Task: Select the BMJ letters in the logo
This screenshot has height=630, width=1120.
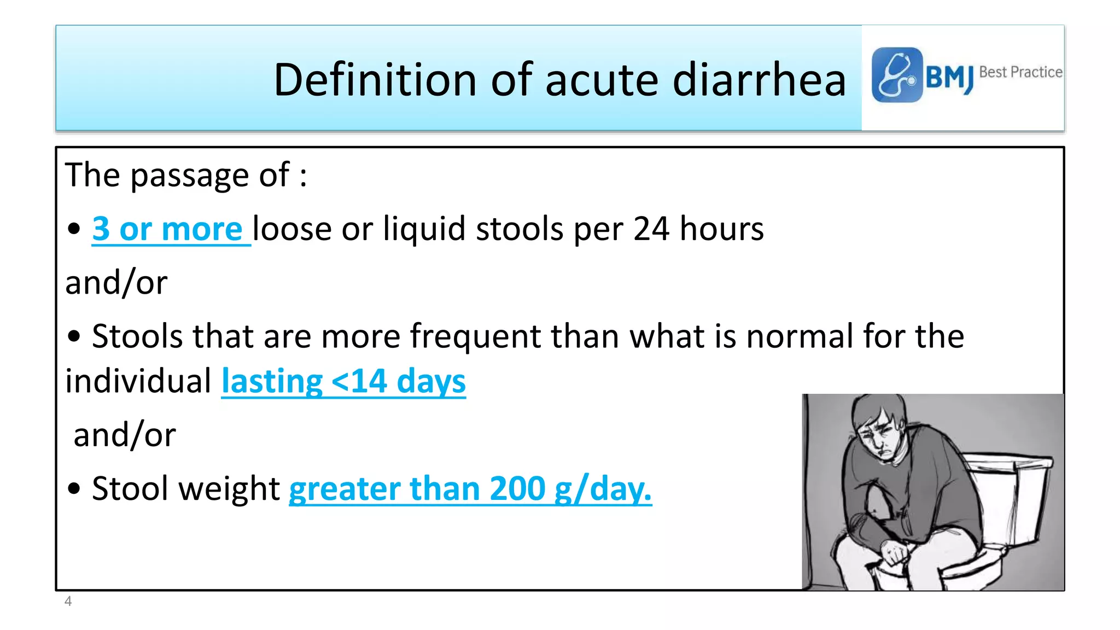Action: (949, 77)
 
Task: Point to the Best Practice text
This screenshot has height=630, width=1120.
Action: (1020, 72)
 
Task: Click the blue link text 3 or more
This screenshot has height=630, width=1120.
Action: (167, 229)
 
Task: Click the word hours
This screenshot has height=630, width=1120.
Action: (721, 229)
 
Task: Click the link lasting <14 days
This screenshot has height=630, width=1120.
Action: (343, 381)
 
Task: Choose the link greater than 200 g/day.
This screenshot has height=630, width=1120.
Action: (470, 488)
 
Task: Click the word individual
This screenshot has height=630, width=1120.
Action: (138, 381)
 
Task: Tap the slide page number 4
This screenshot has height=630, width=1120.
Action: (68, 602)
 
